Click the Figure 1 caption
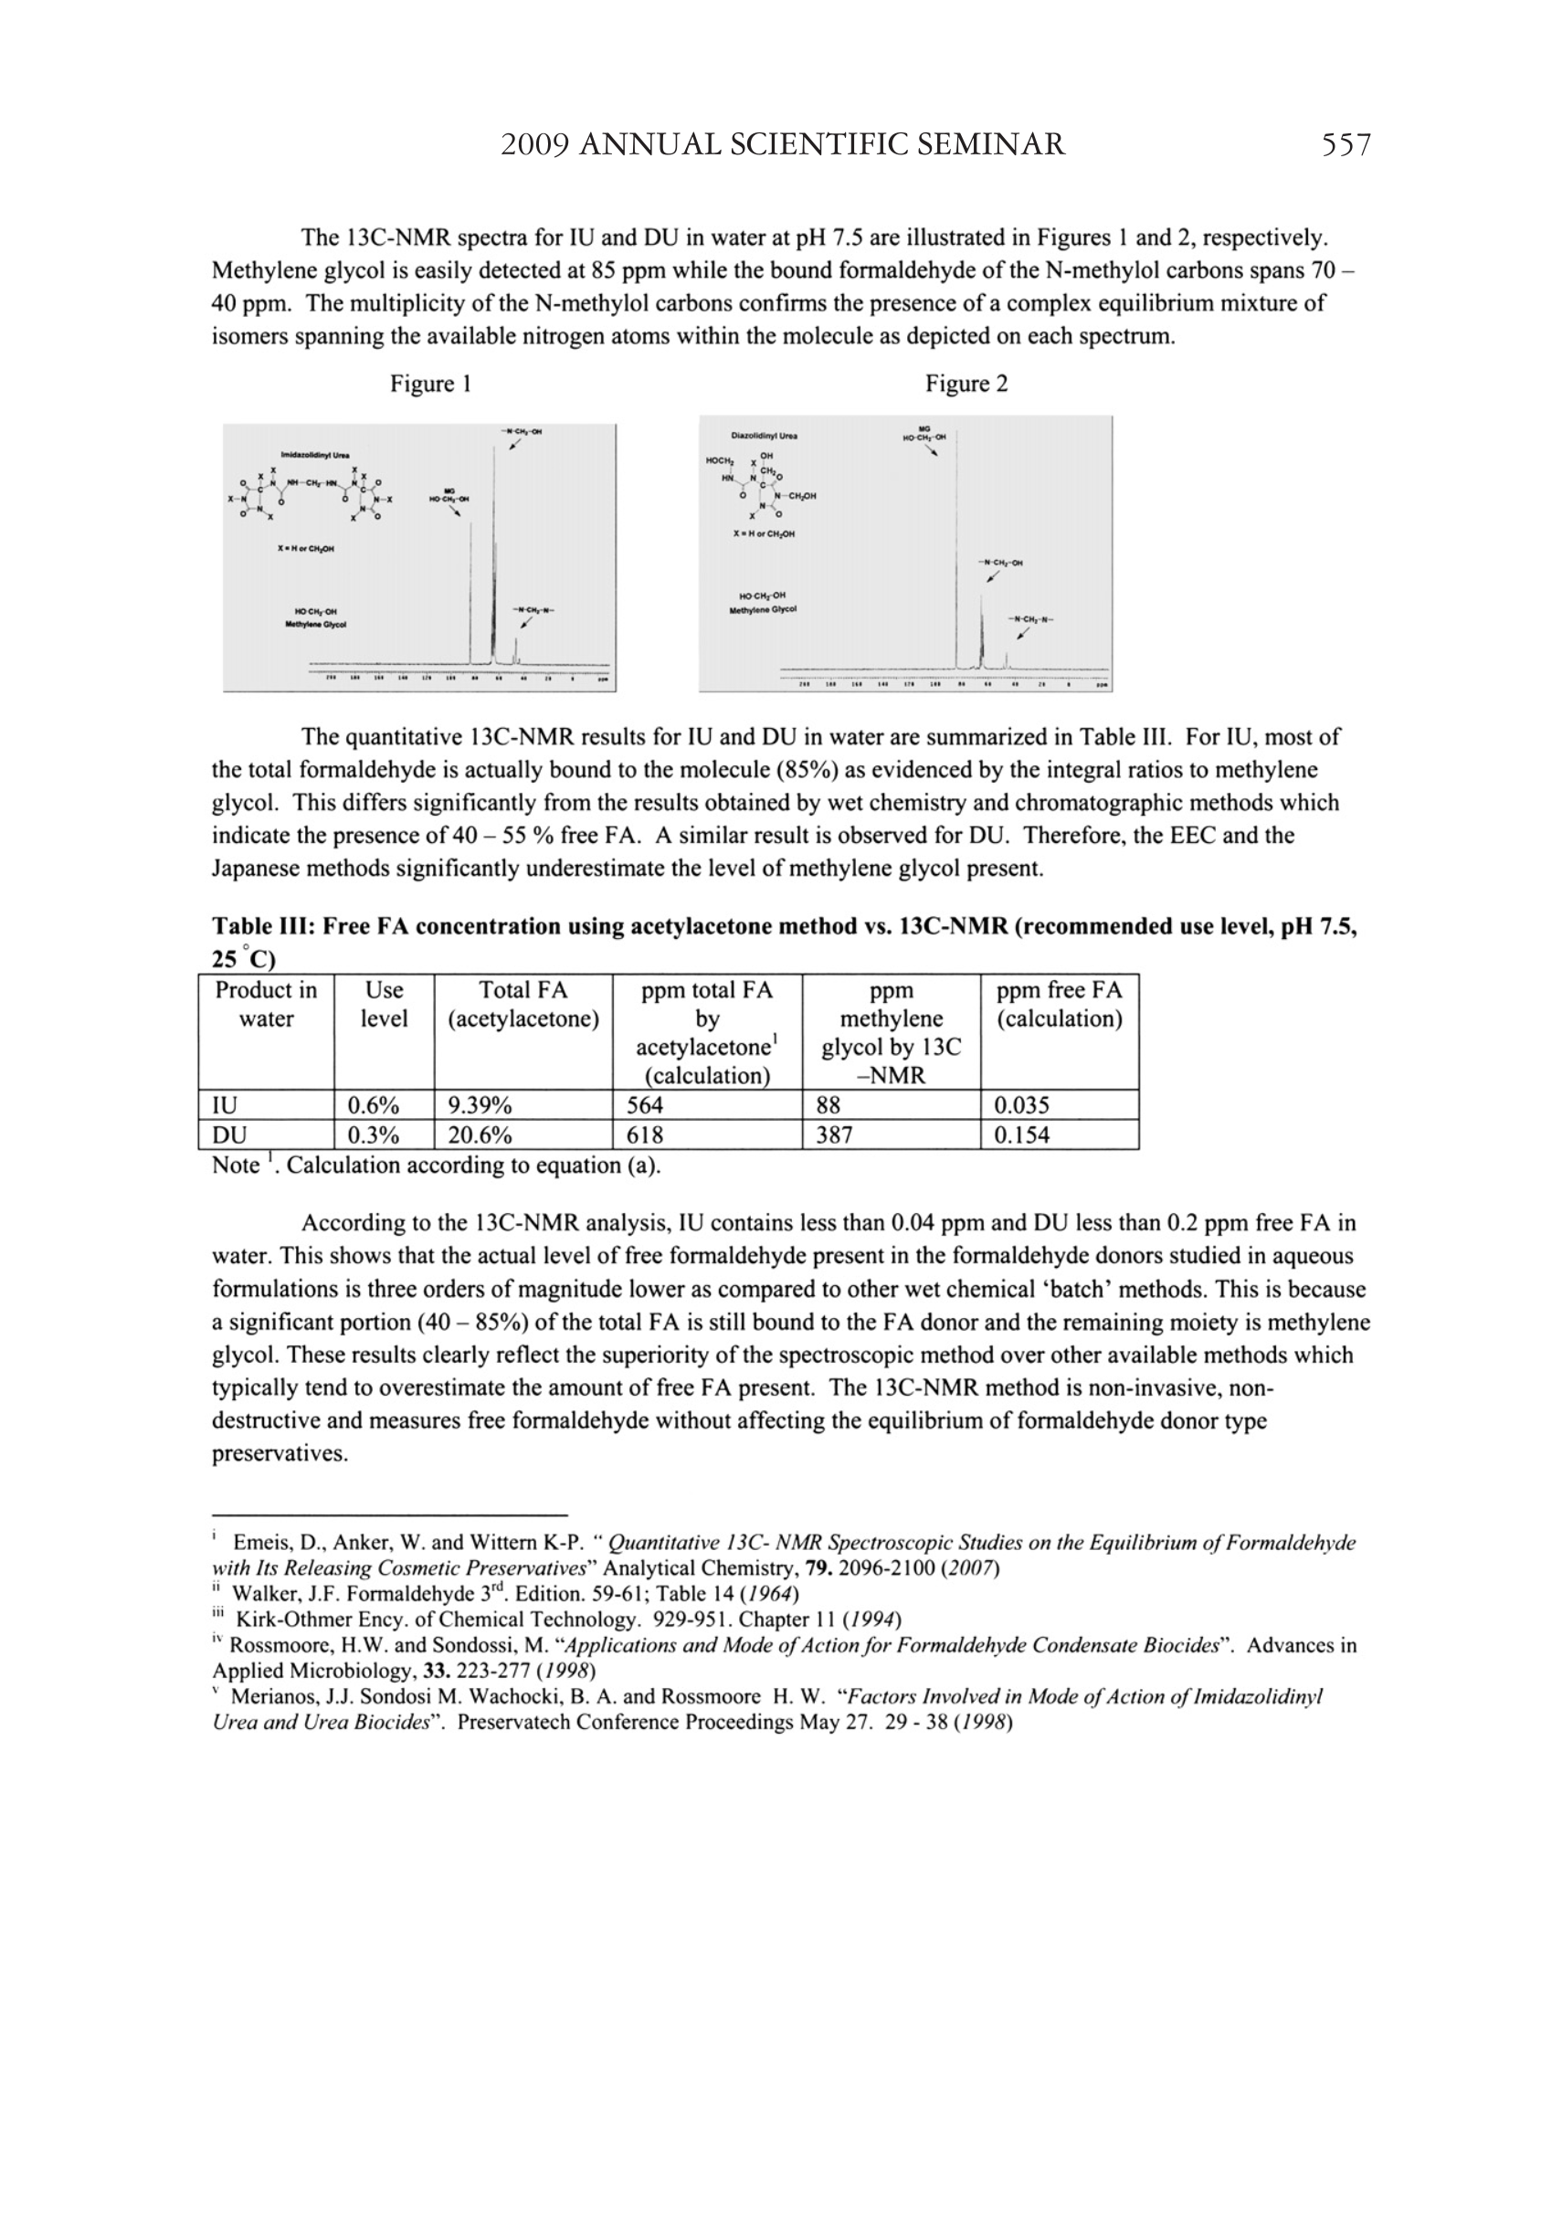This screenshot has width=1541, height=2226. pos(429,385)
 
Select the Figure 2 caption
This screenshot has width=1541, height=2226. pos(966,385)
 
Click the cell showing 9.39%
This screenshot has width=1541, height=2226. pos(479,1104)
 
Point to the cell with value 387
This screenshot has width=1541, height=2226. pos(834,1134)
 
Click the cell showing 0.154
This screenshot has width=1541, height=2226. pos(1021,1134)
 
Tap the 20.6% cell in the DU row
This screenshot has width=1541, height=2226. pos(479,1134)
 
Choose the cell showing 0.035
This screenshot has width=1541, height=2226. pos(1021,1104)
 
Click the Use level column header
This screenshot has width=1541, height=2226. pos(384,1004)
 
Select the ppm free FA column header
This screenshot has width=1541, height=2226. pos(1060,1004)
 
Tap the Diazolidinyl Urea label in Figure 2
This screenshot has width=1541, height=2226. pos(764,436)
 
